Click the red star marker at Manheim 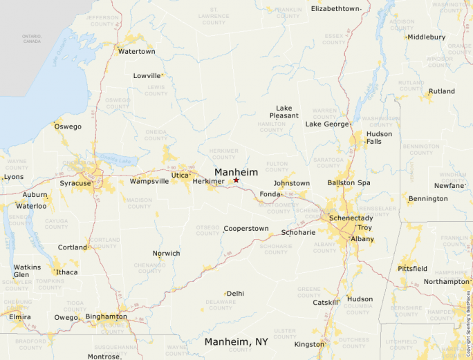point(236,180)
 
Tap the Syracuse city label point(75,183)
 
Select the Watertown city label point(136,52)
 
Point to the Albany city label point(362,239)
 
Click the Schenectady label point(351,218)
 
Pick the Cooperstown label point(246,229)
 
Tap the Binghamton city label point(106,316)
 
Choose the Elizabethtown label point(335,8)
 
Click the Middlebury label point(426,37)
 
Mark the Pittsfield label point(412,268)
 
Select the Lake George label point(327,124)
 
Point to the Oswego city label point(68,126)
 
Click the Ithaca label point(67,272)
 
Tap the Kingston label point(308,344)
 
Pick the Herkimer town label point(208,182)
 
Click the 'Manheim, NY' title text point(236,342)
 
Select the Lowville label point(147,76)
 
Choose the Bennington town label point(428,199)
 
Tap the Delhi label point(235,294)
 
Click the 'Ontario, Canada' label point(32,39)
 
